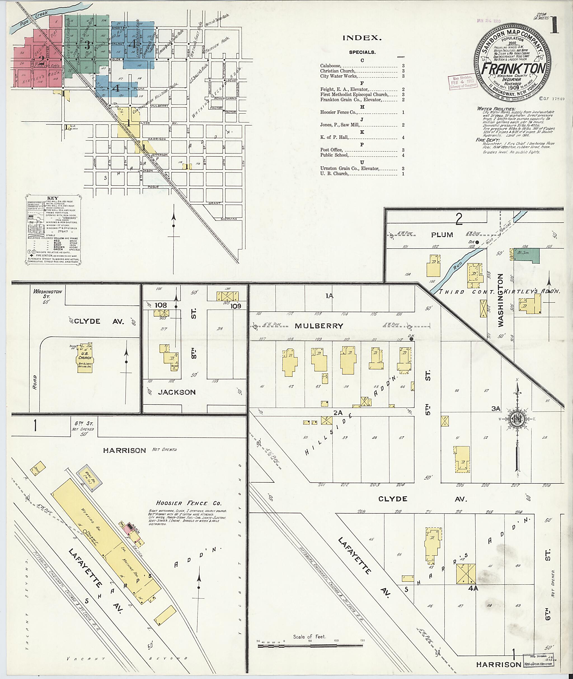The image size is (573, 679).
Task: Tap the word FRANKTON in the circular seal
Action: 513,68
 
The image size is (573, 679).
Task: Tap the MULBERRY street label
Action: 319,326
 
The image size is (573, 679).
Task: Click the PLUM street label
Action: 442,235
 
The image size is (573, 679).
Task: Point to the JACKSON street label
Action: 177,392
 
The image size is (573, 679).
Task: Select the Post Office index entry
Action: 331,150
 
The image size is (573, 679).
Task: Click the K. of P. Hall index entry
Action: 334,137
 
